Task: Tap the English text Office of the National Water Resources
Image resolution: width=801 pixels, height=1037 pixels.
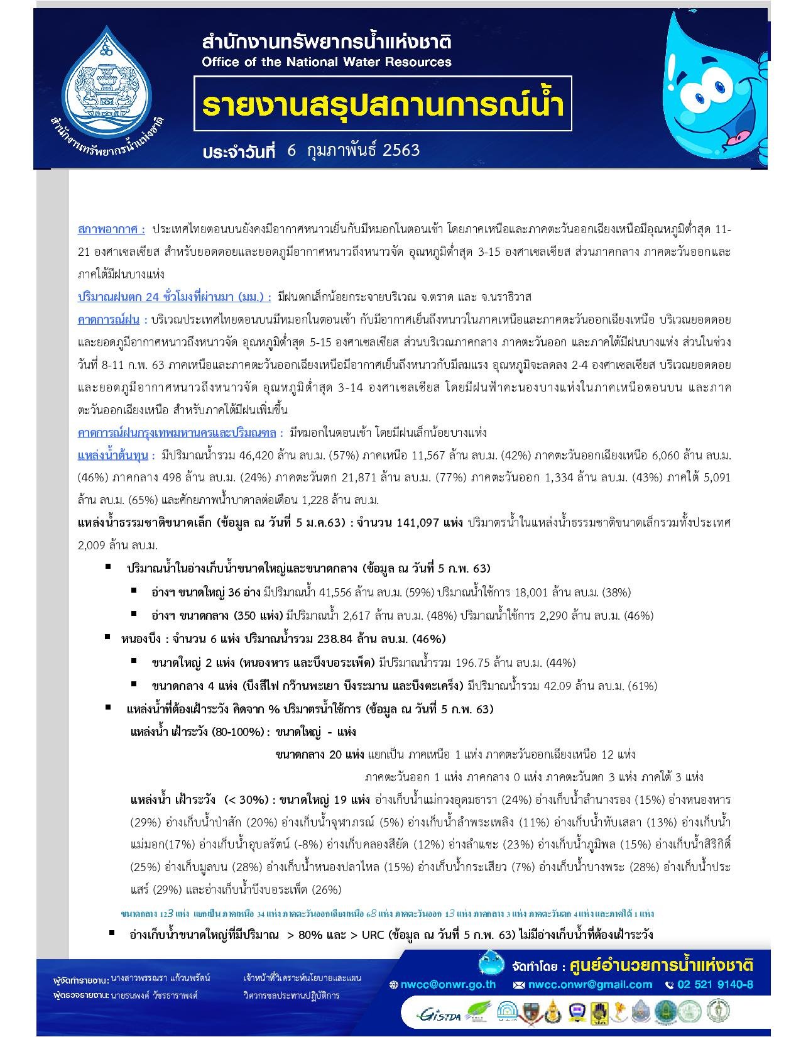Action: (326, 62)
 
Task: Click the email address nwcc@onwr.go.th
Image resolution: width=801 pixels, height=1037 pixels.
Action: (448, 985)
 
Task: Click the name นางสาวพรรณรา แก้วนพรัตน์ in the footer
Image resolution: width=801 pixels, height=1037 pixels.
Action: (160, 979)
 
